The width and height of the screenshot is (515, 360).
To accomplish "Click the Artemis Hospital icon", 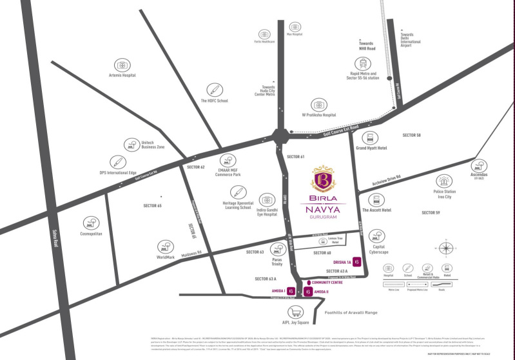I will pos(121,65).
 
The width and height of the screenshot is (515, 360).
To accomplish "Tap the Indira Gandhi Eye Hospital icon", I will pos(267,201).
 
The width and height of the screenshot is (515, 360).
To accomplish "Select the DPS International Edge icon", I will pos(117,161).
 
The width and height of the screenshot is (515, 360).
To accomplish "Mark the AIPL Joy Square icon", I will pos(295,312).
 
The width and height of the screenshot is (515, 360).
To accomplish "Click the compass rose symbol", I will pos(445,248).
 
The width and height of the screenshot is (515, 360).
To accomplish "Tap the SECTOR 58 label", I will pos(411,135).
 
